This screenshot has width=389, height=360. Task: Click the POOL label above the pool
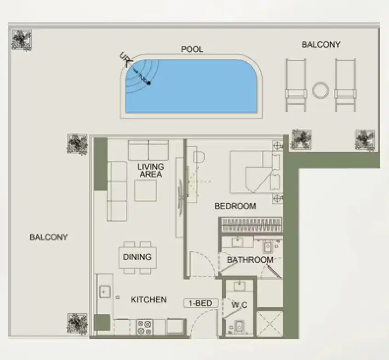coord(192,49)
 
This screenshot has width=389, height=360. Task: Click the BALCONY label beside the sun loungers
coord(321,45)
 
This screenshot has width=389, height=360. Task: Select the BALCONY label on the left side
coord(48,237)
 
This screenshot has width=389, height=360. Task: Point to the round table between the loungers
coord(320,90)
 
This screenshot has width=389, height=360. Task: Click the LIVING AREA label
coord(150,170)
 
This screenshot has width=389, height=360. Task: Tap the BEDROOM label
coord(235,206)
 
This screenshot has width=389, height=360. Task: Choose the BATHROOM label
coord(250,260)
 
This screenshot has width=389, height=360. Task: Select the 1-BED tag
coord(201,303)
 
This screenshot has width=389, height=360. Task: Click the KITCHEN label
coord(149,300)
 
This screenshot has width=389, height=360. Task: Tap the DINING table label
coord(137,257)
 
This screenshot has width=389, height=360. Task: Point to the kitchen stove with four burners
coord(144,327)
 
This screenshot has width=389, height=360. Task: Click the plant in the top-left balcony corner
coord(21,40)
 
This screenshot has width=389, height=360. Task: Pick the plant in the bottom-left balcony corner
coord(77,323)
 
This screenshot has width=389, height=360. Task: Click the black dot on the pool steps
coord(149,83)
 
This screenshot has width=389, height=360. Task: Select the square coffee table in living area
coord(145,190)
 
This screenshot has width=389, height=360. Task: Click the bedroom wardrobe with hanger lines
coord(251,225)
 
